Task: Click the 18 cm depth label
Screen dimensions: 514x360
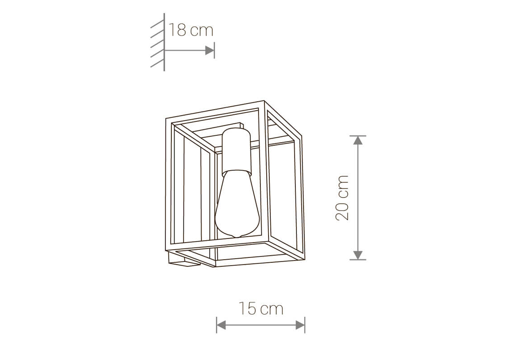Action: (x=191, y=30)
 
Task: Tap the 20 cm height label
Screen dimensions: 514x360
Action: (x=343, y=198)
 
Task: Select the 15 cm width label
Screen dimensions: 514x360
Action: (x=261, y=309)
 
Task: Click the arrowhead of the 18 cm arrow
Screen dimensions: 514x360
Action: (x=210, y=50)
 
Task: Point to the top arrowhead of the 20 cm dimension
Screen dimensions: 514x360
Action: (x=358, y=140)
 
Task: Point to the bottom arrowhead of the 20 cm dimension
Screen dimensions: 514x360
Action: (x=358, y=255)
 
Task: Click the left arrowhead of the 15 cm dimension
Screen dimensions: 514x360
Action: (x=221, y=325)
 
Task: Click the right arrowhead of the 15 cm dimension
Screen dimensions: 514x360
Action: (x=300, y=325)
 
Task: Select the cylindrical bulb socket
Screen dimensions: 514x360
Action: (x=236, y=150)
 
